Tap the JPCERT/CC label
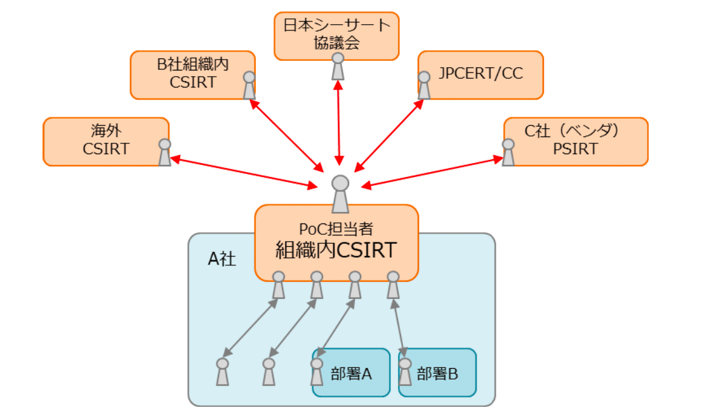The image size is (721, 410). click(x=480, y=74)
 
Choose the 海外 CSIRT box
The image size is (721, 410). click(x=106, y=140)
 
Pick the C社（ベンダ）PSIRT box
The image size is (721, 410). click(x=575, y=140)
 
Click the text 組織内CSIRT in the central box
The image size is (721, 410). click(x=336, y=250)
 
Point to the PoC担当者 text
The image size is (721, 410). click(x=336, y=228)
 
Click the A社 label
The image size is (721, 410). click(x=222, y=259)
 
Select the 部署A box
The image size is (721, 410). click(x=351, y=373)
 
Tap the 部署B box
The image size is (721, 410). click(x=437, y=373)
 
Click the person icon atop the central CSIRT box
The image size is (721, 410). click(x=340, y=194)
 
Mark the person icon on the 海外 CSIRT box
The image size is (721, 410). click(x=164, y=152)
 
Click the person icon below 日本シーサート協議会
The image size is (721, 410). click(x=338, y=66)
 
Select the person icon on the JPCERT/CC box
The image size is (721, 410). click(x=424, y=85)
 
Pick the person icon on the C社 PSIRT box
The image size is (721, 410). click(x=508, y=152)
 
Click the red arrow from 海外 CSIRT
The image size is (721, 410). click(x=244, y=172)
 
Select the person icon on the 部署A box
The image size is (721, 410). click(x=317, y=372)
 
